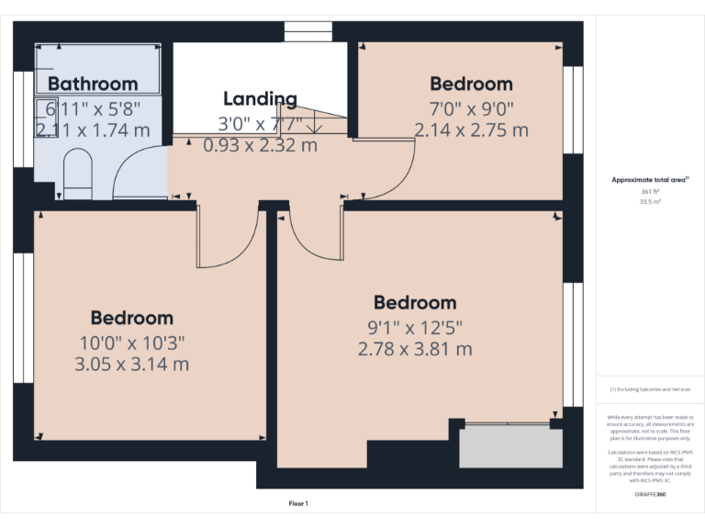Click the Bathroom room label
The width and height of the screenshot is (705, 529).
pos(93,84)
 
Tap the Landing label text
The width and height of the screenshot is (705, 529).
pos(260,99)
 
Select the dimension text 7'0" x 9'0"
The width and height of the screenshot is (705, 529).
pos(471,107)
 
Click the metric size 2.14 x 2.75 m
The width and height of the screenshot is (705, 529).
pos(471,130)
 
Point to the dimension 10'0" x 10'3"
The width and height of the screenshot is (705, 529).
pos(131,342)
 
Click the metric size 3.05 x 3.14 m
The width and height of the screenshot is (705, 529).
pos(131,365)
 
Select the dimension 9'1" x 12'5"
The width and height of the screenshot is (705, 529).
pos(415,326)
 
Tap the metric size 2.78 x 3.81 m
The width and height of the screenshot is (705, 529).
pos(415,349)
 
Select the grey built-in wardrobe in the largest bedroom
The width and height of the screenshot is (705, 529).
pos(510,446)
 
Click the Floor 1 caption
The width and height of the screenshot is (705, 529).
pos(298,503)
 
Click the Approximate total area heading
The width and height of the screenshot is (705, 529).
pos(649,180)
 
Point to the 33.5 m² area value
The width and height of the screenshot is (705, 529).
pos(649,200)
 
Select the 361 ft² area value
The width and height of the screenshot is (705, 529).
pos(649,191)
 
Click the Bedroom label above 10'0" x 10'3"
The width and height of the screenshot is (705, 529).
pos(131,318)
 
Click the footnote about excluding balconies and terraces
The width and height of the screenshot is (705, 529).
pos(649,390)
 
